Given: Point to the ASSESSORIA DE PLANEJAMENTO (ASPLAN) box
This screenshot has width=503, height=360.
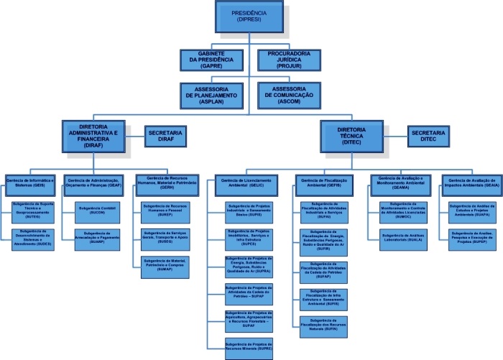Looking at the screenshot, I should [216, 96].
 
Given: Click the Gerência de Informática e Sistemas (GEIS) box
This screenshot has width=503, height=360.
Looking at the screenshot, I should [31, 182].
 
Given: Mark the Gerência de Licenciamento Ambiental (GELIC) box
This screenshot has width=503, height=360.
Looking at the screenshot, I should [247, 183].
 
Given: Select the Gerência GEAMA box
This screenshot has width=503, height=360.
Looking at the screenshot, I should [400, 182].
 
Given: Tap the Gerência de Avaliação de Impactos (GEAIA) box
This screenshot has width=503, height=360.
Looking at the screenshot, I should [471, 182].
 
